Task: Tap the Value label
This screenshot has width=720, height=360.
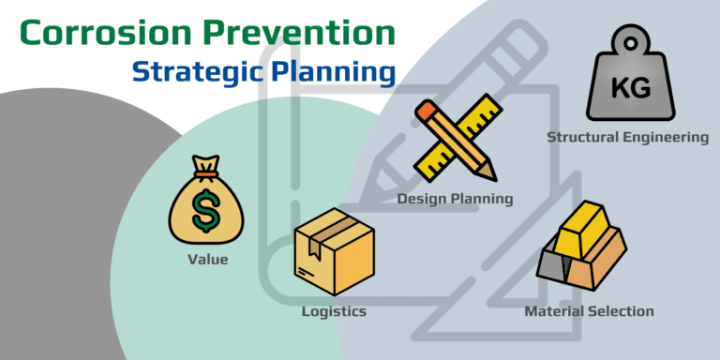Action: click(206, 260)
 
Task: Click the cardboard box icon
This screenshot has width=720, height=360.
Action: click(334, 252)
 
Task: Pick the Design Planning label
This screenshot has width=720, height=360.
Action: click(455, 199)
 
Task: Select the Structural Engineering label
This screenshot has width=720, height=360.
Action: click(627, 138)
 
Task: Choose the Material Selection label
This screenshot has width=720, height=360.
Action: click(589, 311)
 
